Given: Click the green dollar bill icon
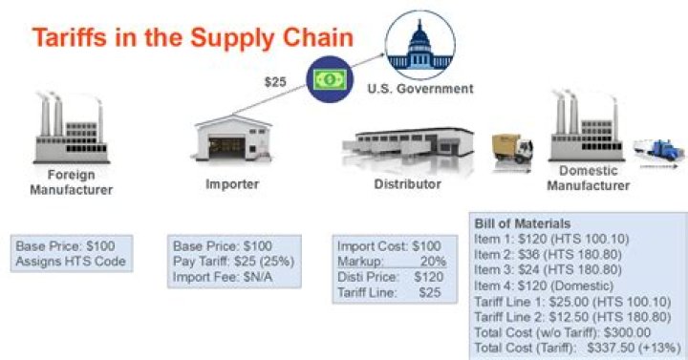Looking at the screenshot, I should click(x=328, y=81).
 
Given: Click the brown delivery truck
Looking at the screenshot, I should click(x=511, y=153).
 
